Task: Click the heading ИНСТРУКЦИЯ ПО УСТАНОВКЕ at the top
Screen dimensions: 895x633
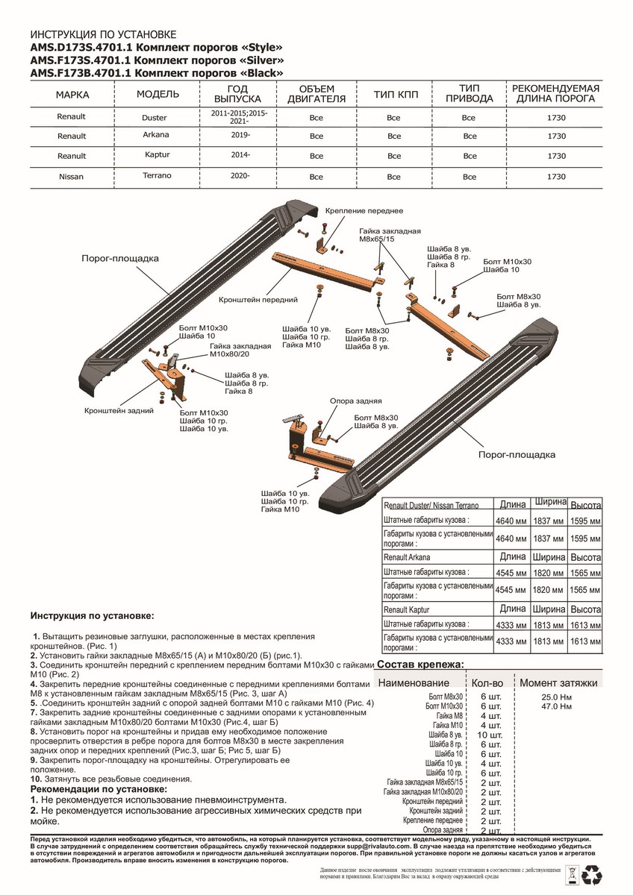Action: [x=104, y=35]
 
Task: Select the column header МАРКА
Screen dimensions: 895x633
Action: [x=72, y=95]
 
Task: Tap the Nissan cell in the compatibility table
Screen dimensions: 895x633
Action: [x=72, y=177]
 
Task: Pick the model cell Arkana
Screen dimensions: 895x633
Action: [x=156, y=135]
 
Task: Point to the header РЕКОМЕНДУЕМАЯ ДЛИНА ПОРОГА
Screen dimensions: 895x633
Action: [x=555, y=93]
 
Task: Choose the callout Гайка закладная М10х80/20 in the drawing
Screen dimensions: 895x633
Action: [x=240, y=351]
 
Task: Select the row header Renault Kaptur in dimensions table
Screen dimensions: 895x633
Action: [x=409, y=610]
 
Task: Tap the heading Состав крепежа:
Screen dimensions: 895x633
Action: [x=421, y=665]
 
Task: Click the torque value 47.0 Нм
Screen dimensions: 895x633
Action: [x=557, y=705]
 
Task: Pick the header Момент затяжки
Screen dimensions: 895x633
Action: [x=558, y=682]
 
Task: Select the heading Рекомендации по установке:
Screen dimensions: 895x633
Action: [x=99, y=788]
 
